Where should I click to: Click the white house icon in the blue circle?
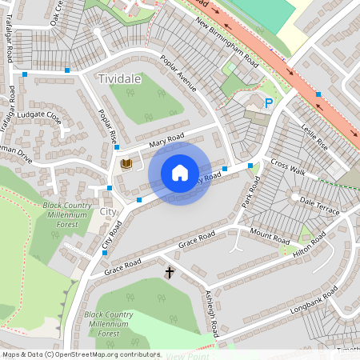(180, 173)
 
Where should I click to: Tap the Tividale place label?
(119, 79)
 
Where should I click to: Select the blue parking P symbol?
(269, 103)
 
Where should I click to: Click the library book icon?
(126, 165)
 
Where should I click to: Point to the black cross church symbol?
(170, 273)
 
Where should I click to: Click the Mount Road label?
(270, 237)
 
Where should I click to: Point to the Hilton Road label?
(308, 246)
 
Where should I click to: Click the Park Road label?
(251, 195)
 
